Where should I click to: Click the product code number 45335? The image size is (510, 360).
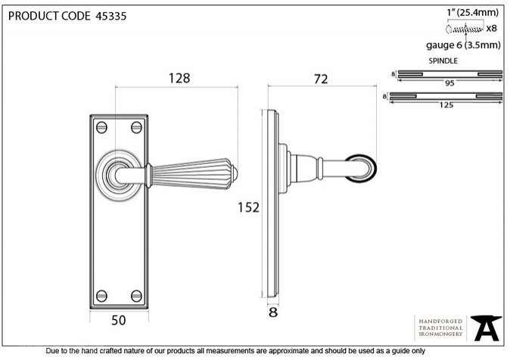pos(111,16)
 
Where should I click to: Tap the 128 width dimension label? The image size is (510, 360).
pos(179,79)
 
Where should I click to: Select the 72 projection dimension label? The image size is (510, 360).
pos(321,79)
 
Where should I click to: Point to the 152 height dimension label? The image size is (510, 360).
pos(248,207)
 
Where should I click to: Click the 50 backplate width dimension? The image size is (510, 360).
pos(118,321)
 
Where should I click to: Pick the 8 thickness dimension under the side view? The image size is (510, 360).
pos(273,312)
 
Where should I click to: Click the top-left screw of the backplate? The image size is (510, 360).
pos(102,128)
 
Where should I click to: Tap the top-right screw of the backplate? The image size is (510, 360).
pos(137,128)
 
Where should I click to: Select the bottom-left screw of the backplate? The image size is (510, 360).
pos(102,296)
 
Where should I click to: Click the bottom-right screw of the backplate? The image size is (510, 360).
pos(137,296)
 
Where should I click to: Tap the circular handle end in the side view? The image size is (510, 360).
pos(361,169)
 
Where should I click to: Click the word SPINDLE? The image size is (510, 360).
pos(443,61)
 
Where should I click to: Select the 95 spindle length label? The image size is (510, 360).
pos(449,83)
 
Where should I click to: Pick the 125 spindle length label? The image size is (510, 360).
pos(446,105)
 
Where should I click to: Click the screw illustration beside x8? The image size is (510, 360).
pos(465,29)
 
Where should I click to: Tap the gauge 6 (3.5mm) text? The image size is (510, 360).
pos(464,45)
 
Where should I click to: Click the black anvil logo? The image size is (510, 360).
pos(487,327)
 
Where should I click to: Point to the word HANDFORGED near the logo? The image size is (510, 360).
pos(440,321)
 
